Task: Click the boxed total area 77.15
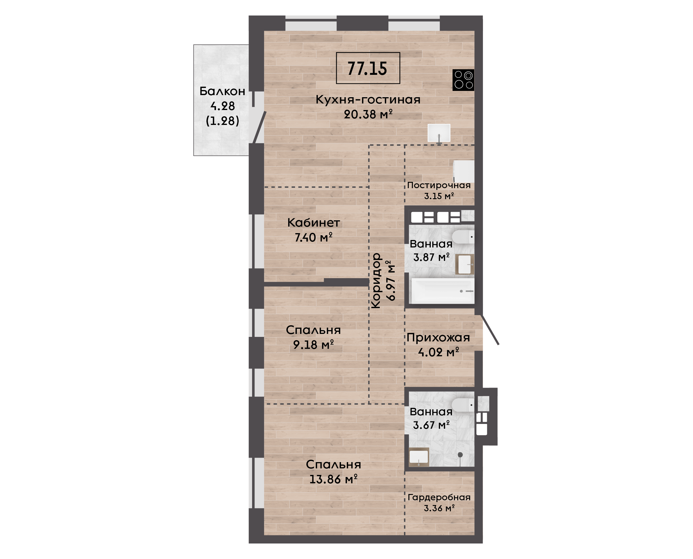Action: pos(368,68)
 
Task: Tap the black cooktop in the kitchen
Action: pos(463,80)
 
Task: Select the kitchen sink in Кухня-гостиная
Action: pos(439,133)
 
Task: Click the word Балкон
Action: pos(222,92)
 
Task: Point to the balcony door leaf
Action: pos(259,127)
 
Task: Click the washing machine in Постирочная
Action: pos(464,172)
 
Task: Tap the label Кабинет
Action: pos(314,222)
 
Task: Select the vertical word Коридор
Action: pos(376,281)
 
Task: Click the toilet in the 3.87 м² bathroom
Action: pos(463,237)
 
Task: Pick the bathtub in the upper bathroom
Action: pos(443,291)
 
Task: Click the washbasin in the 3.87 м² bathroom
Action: pos(464,264)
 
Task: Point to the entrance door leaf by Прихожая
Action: pos(490,330)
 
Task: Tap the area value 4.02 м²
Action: pos(439,352)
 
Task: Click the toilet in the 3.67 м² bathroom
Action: pos(463,405)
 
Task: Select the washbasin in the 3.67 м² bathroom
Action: pos(419,457)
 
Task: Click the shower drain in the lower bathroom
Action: pos(460,455)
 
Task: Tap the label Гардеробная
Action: pos(439,498)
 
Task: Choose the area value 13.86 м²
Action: pos(334,479)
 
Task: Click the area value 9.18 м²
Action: pos(313,345)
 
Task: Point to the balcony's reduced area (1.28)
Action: pos(222,121)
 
